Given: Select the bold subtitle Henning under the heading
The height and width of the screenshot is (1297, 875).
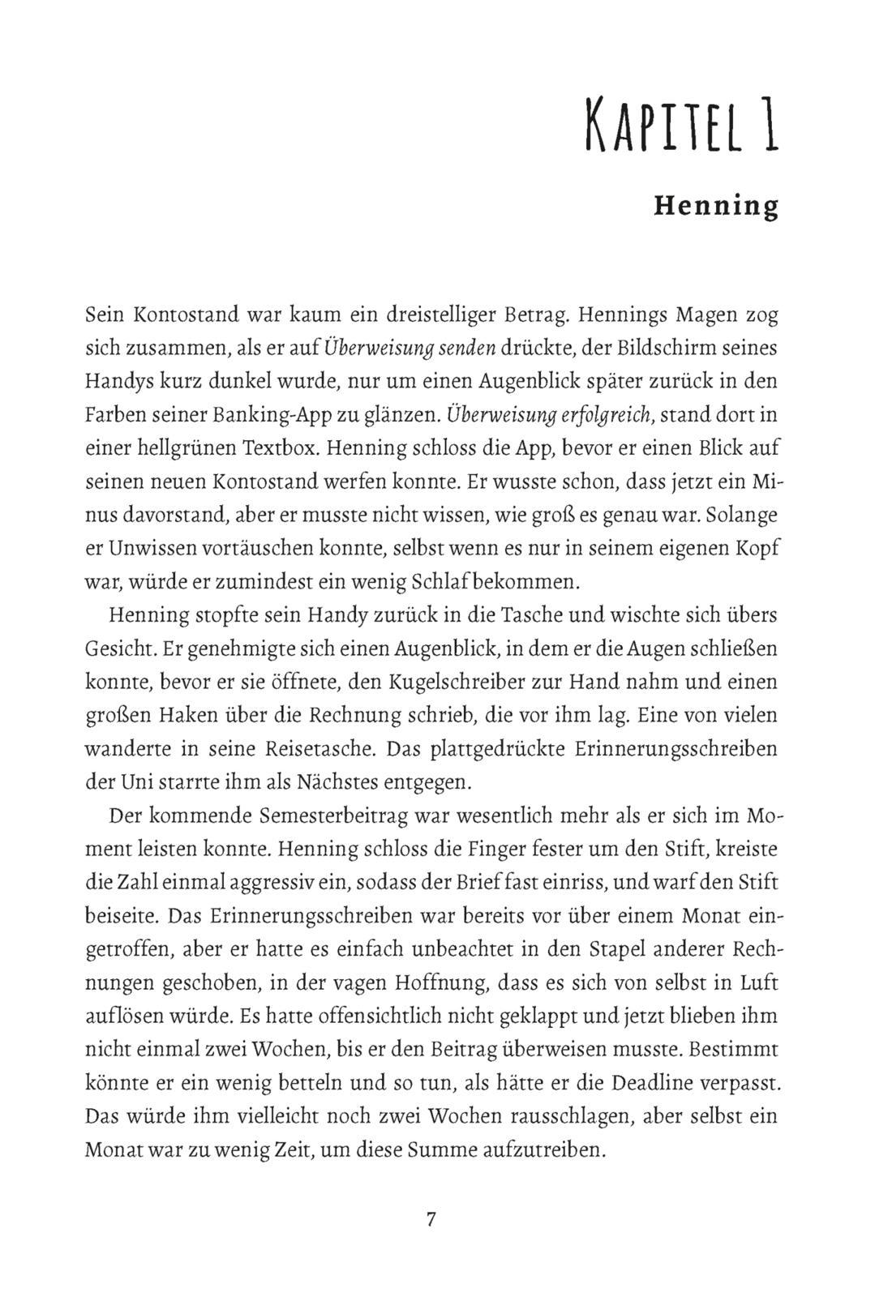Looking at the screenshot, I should (x=716, y=206).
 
